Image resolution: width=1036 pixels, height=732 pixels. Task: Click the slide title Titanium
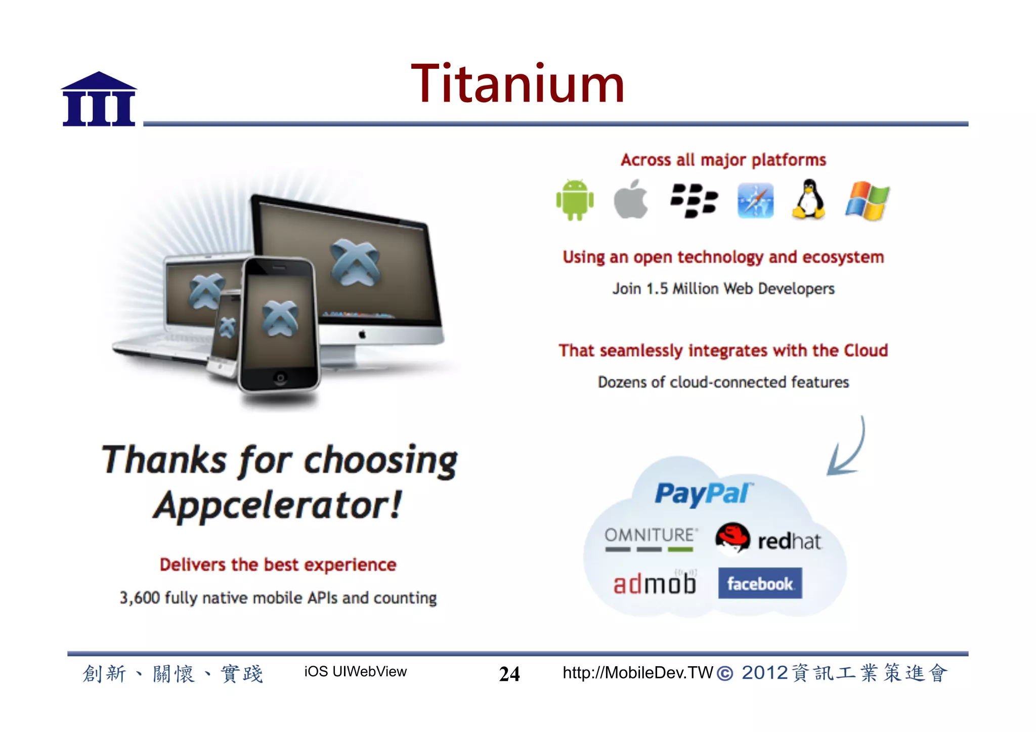[x=517, y=84]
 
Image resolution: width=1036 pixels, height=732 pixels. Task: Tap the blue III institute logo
[x=99, y=100]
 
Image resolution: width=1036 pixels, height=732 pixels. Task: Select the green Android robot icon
[x=575, y=200]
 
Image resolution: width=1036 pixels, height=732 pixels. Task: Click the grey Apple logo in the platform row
[x=631, y=200]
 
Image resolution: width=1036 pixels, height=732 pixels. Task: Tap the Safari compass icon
[x=755, y=201]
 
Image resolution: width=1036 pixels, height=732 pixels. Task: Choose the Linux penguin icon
[x=809, y=199]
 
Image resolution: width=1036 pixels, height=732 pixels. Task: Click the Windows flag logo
[x=867, y=201]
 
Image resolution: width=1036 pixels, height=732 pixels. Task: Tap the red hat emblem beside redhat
[x=732, y=538]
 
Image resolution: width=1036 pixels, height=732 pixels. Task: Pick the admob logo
[x=655, y=583]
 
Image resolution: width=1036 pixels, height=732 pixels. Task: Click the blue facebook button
[x=760, y=583]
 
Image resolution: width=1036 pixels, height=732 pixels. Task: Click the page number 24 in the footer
[x=509, y=674]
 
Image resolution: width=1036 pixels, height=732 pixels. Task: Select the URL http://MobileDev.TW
[x=637, y=673]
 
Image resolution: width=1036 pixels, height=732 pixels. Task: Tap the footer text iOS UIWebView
[x=355, y=672]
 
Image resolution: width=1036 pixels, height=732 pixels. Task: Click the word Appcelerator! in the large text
[x=277, y=505]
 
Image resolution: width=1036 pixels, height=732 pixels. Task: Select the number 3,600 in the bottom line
[x=140, y=598]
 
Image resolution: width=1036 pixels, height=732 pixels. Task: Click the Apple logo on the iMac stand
[x=362, y=334]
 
